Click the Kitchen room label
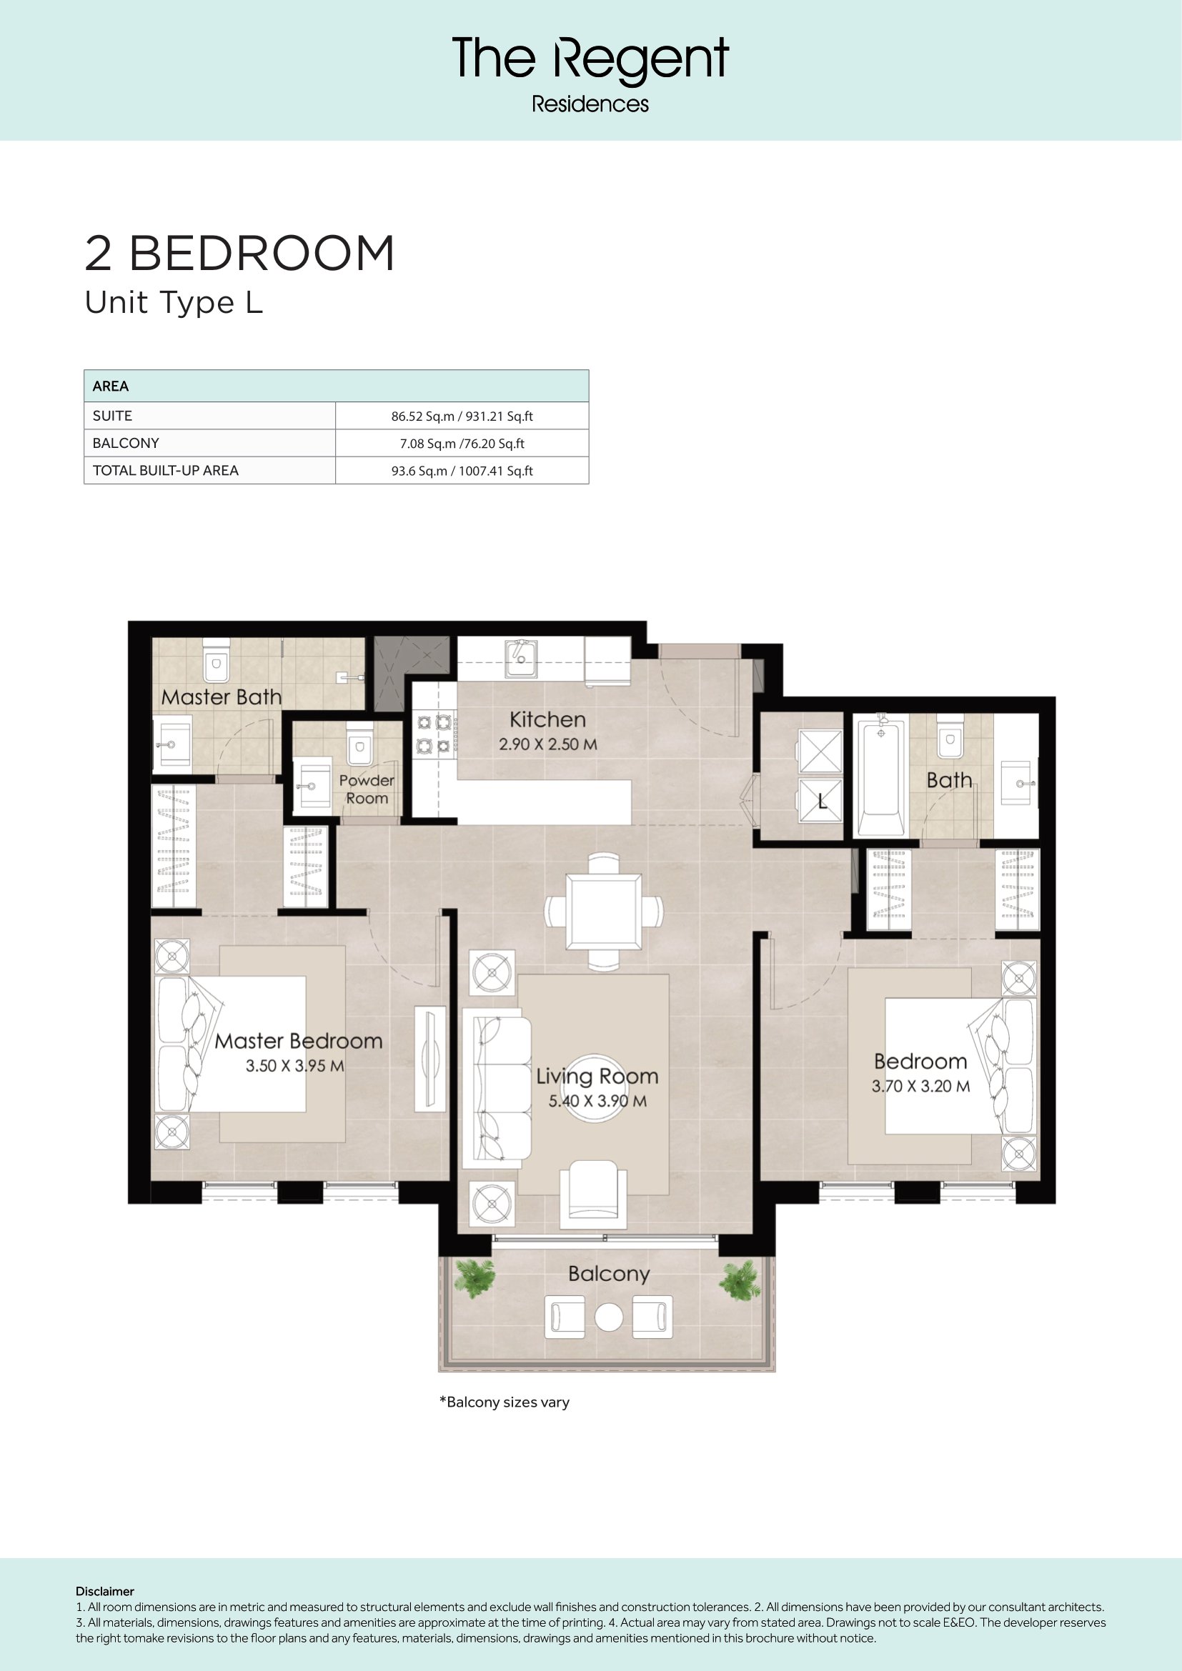pos(547,720)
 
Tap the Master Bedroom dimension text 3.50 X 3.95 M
pos(294,1065)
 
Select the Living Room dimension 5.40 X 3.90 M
pos(597,1101)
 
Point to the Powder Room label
pos(367,789)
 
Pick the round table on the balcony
pos(608,1317)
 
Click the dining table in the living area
pos(604,912)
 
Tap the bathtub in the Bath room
pos(880,776)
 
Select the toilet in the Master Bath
pos(215,659)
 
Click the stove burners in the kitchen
pos(434,734)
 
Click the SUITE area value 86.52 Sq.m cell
pos(462,416)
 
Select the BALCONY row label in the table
pos(126,443)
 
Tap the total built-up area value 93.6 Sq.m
pos(462,471)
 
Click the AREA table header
pos(111,386)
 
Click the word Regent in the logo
pos(641,61)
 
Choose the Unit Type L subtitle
pos(174,303)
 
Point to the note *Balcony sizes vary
pos(505,1402)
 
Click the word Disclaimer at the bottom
pos(105,1592)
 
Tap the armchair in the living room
pos(593,1194)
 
